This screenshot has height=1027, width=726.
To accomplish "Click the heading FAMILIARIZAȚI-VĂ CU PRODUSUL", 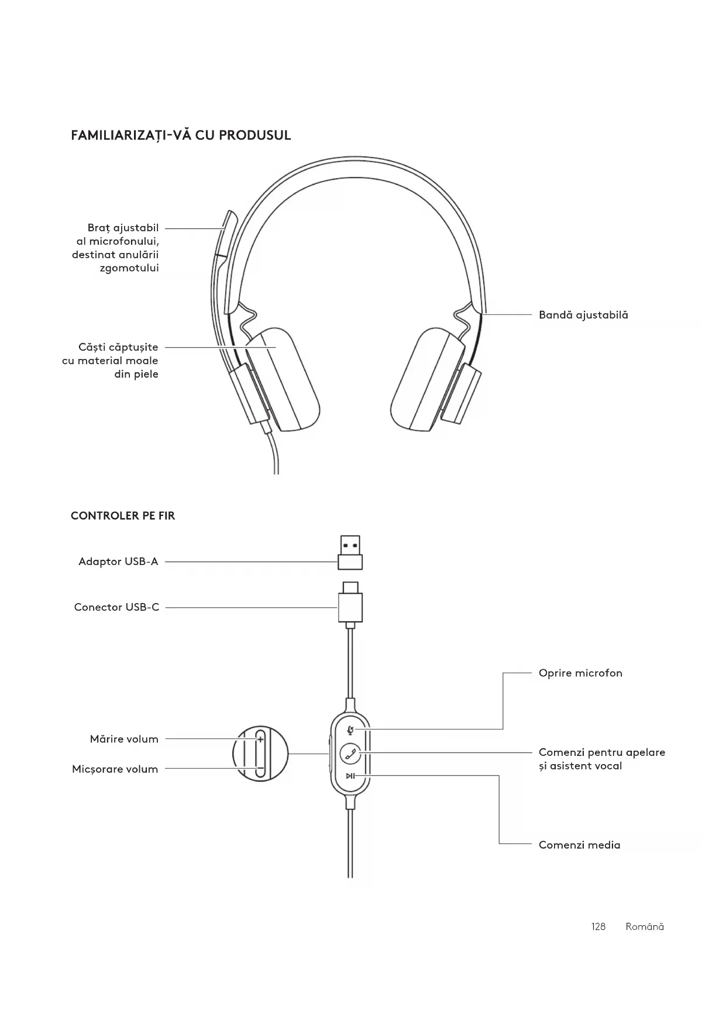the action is (181, 135).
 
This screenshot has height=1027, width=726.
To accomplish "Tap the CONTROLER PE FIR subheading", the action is (123, 516).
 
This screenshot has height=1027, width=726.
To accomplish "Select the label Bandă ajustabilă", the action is (583, 315).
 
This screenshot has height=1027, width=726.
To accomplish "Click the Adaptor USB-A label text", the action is (118, 562).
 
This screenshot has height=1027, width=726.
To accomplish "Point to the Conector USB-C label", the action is (116, 607).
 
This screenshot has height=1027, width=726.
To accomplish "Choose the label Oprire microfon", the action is (580, 673).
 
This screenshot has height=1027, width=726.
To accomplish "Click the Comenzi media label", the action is (579, 845).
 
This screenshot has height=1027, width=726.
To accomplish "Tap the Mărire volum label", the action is (124, 739).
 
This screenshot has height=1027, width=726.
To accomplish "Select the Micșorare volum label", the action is (115, 769).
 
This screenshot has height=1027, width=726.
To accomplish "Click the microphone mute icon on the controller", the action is (350, 730).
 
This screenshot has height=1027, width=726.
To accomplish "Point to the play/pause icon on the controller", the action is (350, 776).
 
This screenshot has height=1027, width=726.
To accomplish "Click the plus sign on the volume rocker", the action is (260, 740).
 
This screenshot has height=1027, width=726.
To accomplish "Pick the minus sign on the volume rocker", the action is (260, 769).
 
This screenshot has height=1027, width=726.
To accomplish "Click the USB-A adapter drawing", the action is (350, 552).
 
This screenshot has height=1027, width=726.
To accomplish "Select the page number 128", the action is (598, 927).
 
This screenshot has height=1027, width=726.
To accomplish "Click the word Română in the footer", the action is (645, 927).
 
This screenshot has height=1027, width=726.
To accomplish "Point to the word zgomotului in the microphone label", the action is (129, 268).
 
